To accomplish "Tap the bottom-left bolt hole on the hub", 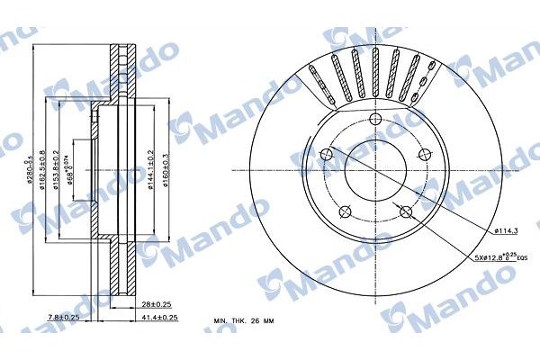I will tap(343, 212).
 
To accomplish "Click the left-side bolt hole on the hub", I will tap(325, 155).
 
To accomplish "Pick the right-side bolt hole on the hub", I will tap(426, 154).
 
